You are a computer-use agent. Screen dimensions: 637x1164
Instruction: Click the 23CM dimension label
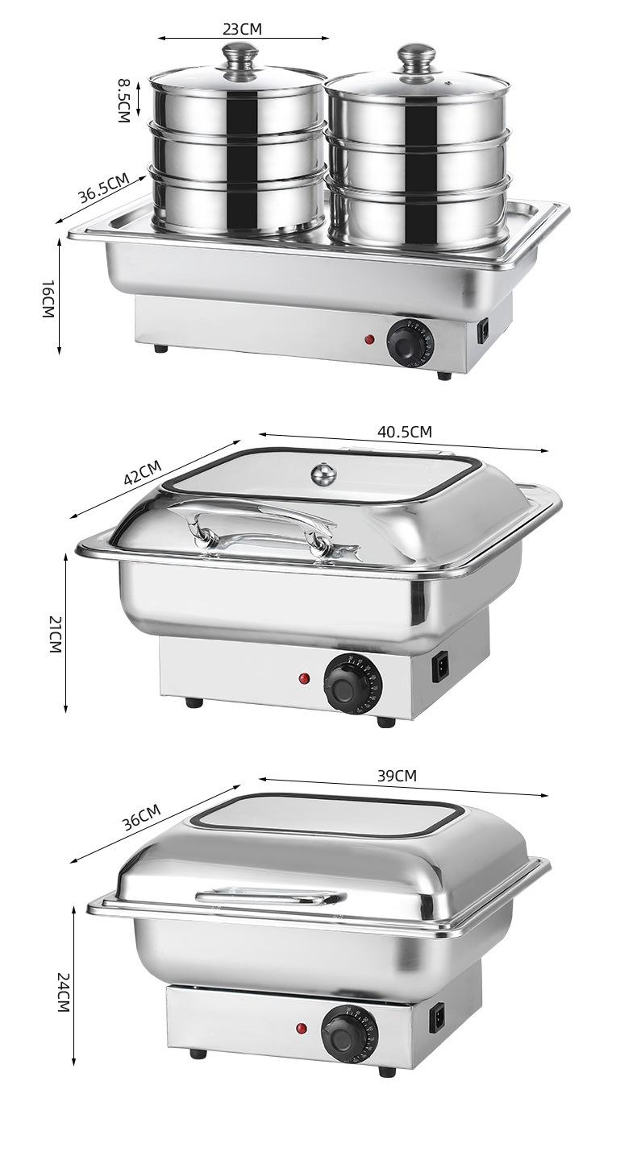tap(243, 28)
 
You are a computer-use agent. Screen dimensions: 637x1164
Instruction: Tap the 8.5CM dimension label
tap(123, 101)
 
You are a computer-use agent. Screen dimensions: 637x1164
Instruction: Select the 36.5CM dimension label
tap(103, 188)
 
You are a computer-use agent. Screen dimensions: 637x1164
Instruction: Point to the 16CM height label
tap(48, 299)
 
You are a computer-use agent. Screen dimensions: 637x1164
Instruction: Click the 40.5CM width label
tap(405, 431)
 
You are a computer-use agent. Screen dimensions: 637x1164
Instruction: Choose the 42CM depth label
tap(143, 472)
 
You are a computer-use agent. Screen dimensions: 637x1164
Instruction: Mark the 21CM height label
tap(55, 634)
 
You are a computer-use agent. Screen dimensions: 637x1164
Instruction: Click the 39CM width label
tap(397, 776)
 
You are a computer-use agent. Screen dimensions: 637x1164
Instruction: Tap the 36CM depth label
tap(141, 817)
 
